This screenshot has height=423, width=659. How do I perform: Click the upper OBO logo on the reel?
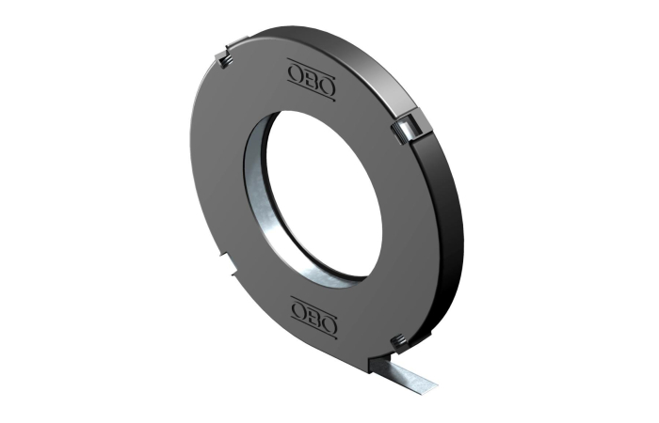tap(312, 80)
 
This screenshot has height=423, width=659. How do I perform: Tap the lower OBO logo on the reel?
tap(314, 317)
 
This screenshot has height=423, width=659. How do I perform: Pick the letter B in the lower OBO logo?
tap(314, 317)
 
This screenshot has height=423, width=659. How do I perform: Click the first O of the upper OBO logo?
tap(296, 74)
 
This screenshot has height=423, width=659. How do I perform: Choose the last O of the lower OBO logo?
tap(329, 323)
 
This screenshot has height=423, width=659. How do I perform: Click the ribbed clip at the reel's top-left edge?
tap(224, 60)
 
